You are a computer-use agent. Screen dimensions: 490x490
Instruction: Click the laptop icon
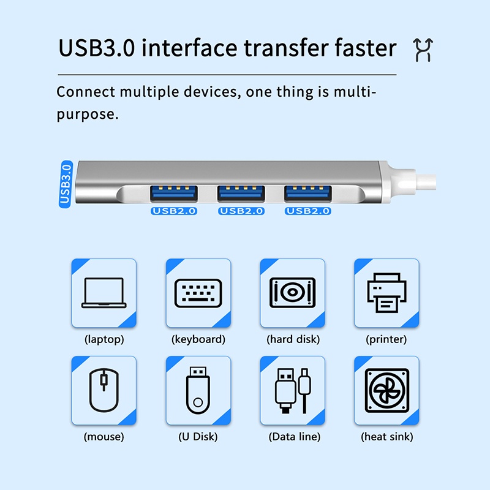tap(104, 293)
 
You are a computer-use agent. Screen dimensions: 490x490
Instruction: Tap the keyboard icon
tap(198, 293)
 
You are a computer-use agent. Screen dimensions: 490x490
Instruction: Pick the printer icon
tap(386, 293)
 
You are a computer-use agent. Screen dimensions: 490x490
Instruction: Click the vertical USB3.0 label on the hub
tap(66, 182)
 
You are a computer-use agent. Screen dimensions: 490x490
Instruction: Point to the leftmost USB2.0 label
tap(174, 211)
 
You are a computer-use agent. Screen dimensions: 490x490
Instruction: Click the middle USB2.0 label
tap(241, 211)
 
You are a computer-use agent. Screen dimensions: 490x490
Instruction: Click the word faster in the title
tap(360, 48)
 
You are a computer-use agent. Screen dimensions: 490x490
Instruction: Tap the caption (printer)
tap(386, 339)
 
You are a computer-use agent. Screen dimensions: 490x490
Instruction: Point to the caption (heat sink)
tap(386, 437)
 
